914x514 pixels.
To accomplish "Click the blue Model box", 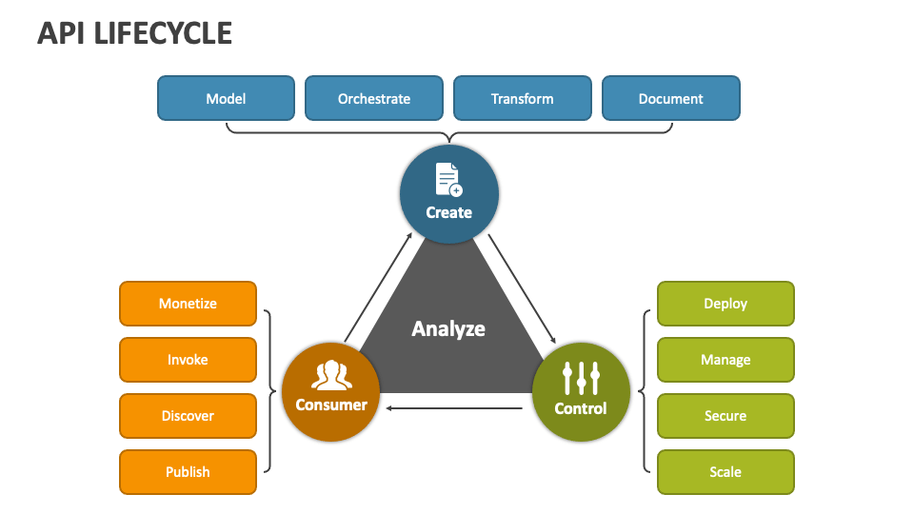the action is (227, 98).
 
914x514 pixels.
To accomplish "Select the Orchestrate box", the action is (374, 98).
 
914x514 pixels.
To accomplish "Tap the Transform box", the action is (523, 98).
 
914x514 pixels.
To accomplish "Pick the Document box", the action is (671, 98).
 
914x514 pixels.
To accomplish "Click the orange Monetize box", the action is (188, 304).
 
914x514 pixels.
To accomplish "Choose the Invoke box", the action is (188, 360).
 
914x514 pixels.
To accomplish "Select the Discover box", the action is (188, 416).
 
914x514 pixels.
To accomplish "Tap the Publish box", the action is (188, 472).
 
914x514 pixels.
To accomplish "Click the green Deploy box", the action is (725, 304).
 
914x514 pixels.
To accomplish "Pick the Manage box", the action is (725, 360).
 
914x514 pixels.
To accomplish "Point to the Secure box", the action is (725, 416).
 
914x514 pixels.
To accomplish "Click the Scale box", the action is (725, 472).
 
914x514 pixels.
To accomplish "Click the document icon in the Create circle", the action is (448, 180).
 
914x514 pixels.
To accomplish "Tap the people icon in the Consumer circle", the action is (331, 375).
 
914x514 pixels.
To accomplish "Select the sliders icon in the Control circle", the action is (581, 378).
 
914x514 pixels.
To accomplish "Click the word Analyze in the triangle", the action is (448, 329).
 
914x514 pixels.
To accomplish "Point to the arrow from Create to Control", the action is (522, 288).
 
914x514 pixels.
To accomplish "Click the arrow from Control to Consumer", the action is (454, 408).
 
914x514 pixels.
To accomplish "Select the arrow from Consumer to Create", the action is (378, 287).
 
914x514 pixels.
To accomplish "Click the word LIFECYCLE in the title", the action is (163, 33).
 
